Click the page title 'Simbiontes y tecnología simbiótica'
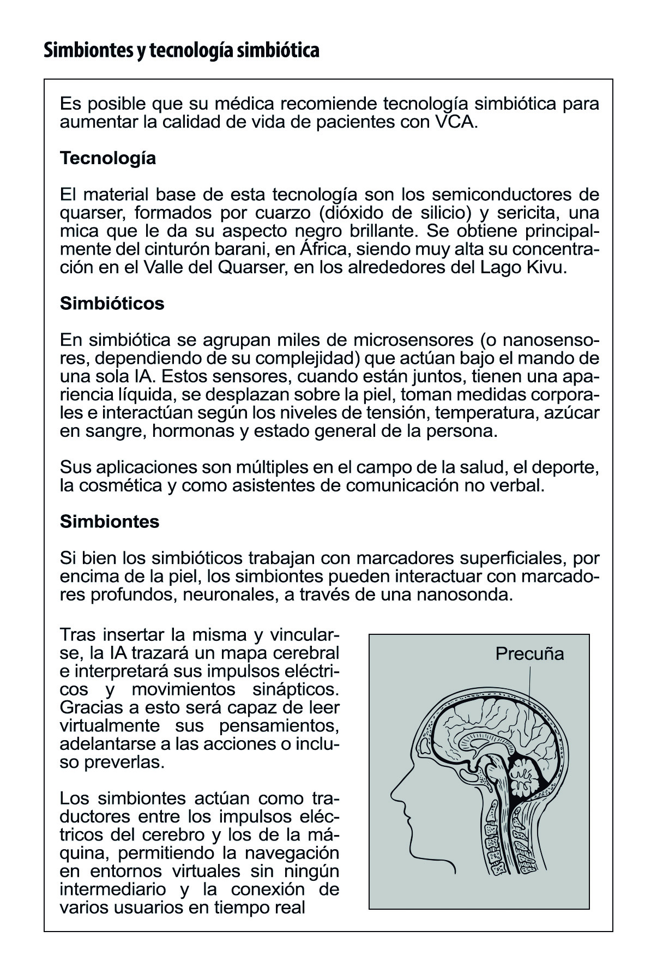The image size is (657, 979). pyautogui.click(x=181, y=51)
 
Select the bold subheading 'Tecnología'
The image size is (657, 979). pyautogui.click(x=107, y=158)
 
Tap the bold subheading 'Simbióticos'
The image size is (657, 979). pyautogui.click(x=112, y=303)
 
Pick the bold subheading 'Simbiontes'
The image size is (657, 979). pyautogui.click(x=109, y=521)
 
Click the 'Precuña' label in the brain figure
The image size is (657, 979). pyautogui.click(x=529, y=653)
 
